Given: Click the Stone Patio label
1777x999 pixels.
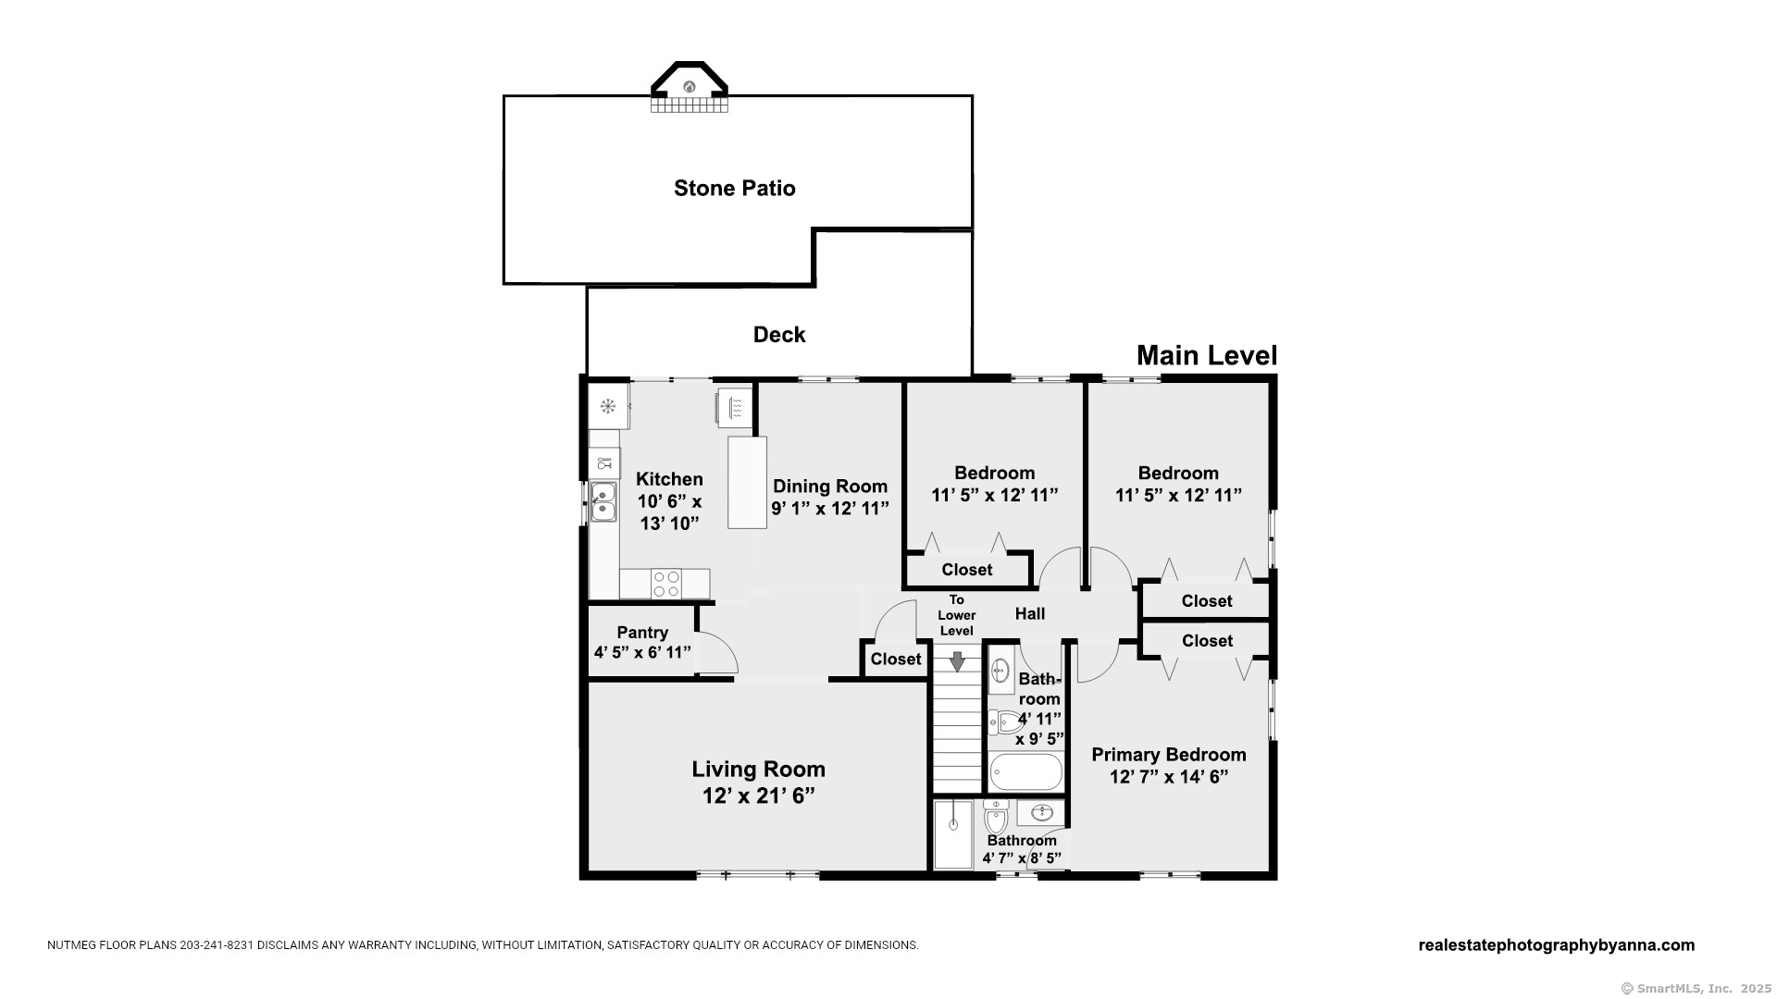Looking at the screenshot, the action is [x=734, y=188].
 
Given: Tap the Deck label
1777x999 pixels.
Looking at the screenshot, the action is [x=779, y=335].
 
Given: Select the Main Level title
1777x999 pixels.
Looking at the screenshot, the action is [x=1207, y=355].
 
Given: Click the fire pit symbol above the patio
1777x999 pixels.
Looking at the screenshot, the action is [x=689, y=87].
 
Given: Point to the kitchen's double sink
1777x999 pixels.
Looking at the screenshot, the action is [x=603, y=501].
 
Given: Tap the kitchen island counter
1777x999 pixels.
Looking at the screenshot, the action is [x=747, y=482].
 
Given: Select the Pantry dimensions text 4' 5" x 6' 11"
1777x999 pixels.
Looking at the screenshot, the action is [x=642, y=652].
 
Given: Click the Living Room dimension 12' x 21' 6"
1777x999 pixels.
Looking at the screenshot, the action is [x=758, y=795].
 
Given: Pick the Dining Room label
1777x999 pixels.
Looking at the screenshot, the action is [x=830, y=486].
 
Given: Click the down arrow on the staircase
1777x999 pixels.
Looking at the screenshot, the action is [x=957, y=661].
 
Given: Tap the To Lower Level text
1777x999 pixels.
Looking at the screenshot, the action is [x=957, y=615].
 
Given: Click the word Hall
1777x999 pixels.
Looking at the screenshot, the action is [x=1030, y=613].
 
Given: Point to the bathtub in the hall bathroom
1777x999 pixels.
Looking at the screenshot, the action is [x=1025, y=772].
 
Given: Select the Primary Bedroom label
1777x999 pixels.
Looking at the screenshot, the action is [x=1169, y=755].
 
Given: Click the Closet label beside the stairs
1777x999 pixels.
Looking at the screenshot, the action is [x=896, y=659].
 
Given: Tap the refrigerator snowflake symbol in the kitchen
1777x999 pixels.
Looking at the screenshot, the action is [x=608, y=406].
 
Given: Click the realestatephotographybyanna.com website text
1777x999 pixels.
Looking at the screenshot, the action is [x=1557, y=945].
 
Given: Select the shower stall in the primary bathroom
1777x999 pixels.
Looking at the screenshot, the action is [x=953, y=834].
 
